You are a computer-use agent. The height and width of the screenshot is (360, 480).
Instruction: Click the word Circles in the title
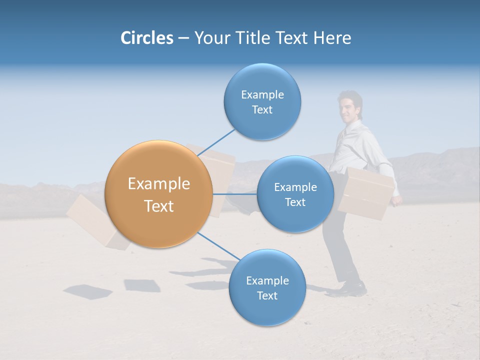146,38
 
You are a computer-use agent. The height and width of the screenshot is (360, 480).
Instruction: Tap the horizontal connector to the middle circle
235,194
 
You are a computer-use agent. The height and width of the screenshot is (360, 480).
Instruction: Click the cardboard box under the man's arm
367,194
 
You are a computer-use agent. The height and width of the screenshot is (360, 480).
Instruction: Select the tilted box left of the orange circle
92,222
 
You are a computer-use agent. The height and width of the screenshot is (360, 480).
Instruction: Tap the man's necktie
342,134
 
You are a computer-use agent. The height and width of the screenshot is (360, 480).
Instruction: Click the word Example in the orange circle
158,184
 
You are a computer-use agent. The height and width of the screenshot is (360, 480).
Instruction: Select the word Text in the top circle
262,110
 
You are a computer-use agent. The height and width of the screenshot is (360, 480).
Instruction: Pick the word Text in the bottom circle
267,295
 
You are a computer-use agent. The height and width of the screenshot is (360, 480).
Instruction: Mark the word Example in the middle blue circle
295,187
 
